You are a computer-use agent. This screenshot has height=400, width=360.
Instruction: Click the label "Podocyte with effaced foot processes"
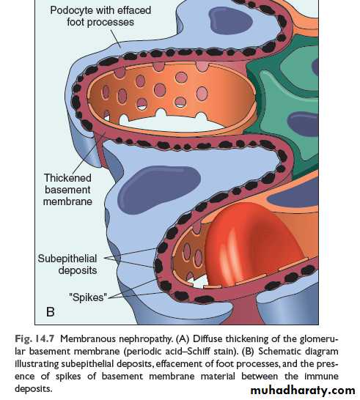[x=100, y=16]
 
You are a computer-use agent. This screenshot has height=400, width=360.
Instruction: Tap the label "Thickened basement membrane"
[x=67, y=190]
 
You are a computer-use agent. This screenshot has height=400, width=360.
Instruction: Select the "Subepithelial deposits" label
[x=67, y=264]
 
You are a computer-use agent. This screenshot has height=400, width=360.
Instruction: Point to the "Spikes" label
[x=88, y=297]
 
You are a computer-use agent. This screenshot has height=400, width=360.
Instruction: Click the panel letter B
[x=51, y=312]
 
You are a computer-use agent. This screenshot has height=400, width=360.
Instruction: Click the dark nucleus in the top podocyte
[x=230, y=21]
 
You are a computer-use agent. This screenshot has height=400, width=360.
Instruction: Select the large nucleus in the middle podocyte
[x=159, y=189]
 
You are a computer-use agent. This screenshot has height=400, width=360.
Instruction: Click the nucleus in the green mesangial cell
[x=303, y=125]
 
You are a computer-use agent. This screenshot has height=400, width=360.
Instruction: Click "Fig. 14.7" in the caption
[x=34, y=338]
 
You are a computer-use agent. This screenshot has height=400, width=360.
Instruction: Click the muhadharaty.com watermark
[x=303, y=390]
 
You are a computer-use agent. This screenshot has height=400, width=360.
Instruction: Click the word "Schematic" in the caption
[x=279, y=351]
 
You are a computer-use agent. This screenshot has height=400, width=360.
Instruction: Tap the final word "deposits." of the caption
[x=34, y=389]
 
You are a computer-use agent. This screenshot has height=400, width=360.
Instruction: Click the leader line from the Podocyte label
[x=115, y=38]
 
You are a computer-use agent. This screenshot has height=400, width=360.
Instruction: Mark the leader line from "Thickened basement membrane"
[x=89, y=152]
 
